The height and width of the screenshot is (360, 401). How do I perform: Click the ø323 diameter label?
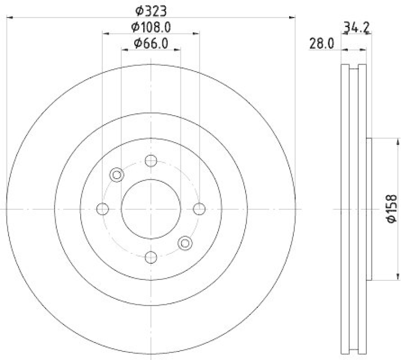coord(151,10)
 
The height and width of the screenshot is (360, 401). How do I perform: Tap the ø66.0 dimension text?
coord(151,44)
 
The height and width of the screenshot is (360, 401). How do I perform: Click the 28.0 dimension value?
coord(321,44)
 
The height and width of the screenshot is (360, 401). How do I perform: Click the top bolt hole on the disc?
coord(151,161)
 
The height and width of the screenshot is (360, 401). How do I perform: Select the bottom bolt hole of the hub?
coord(151,257)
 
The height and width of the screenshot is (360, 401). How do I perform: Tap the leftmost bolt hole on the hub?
coord(103,209)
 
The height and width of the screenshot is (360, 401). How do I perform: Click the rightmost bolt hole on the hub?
coord(199,209)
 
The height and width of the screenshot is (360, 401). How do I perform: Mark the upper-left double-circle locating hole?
coord(117,175)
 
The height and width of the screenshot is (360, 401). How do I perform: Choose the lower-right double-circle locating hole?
coord(185,243)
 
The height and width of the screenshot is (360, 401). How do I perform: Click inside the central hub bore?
coord(151,209)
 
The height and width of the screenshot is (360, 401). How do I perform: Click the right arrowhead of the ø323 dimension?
coord(292,18)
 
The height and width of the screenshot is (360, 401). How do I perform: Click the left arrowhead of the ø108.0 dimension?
coord(105,34)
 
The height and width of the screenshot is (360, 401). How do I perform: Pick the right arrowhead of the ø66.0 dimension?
coord(177,50)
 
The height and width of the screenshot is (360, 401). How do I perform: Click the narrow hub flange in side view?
coord(369,209)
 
